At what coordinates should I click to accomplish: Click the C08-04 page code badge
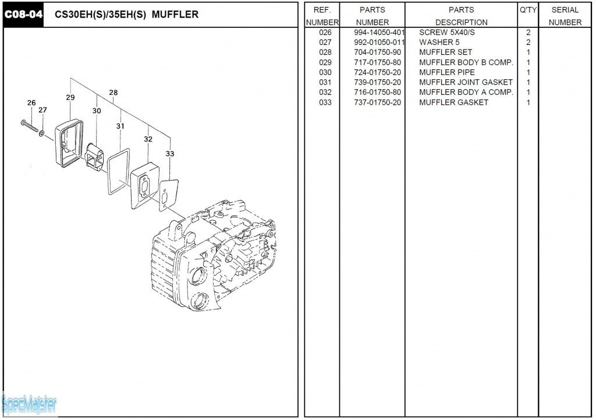(x=24, y=15)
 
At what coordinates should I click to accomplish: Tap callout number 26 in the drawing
(x=31, y=103)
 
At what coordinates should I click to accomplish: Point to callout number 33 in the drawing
(x=170, y=154)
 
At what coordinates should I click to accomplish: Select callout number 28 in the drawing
(x=113, y=93)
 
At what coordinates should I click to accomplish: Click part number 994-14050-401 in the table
(x=379, y=33)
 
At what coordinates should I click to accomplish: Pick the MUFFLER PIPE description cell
(x=447, y=72)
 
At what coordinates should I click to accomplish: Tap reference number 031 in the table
(x=325, y=82)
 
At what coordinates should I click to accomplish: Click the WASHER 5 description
(x=439, y=43)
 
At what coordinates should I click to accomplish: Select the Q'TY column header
(x=528, y=10)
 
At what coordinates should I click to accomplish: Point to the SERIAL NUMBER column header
(x=565, y=16)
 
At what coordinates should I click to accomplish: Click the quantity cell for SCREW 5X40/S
(x=528, y=33)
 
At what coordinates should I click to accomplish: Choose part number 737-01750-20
(x=377, y=103)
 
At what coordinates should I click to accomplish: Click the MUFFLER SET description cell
(x=446, y=52)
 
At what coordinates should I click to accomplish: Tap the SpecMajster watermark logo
(x=29, y=403)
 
